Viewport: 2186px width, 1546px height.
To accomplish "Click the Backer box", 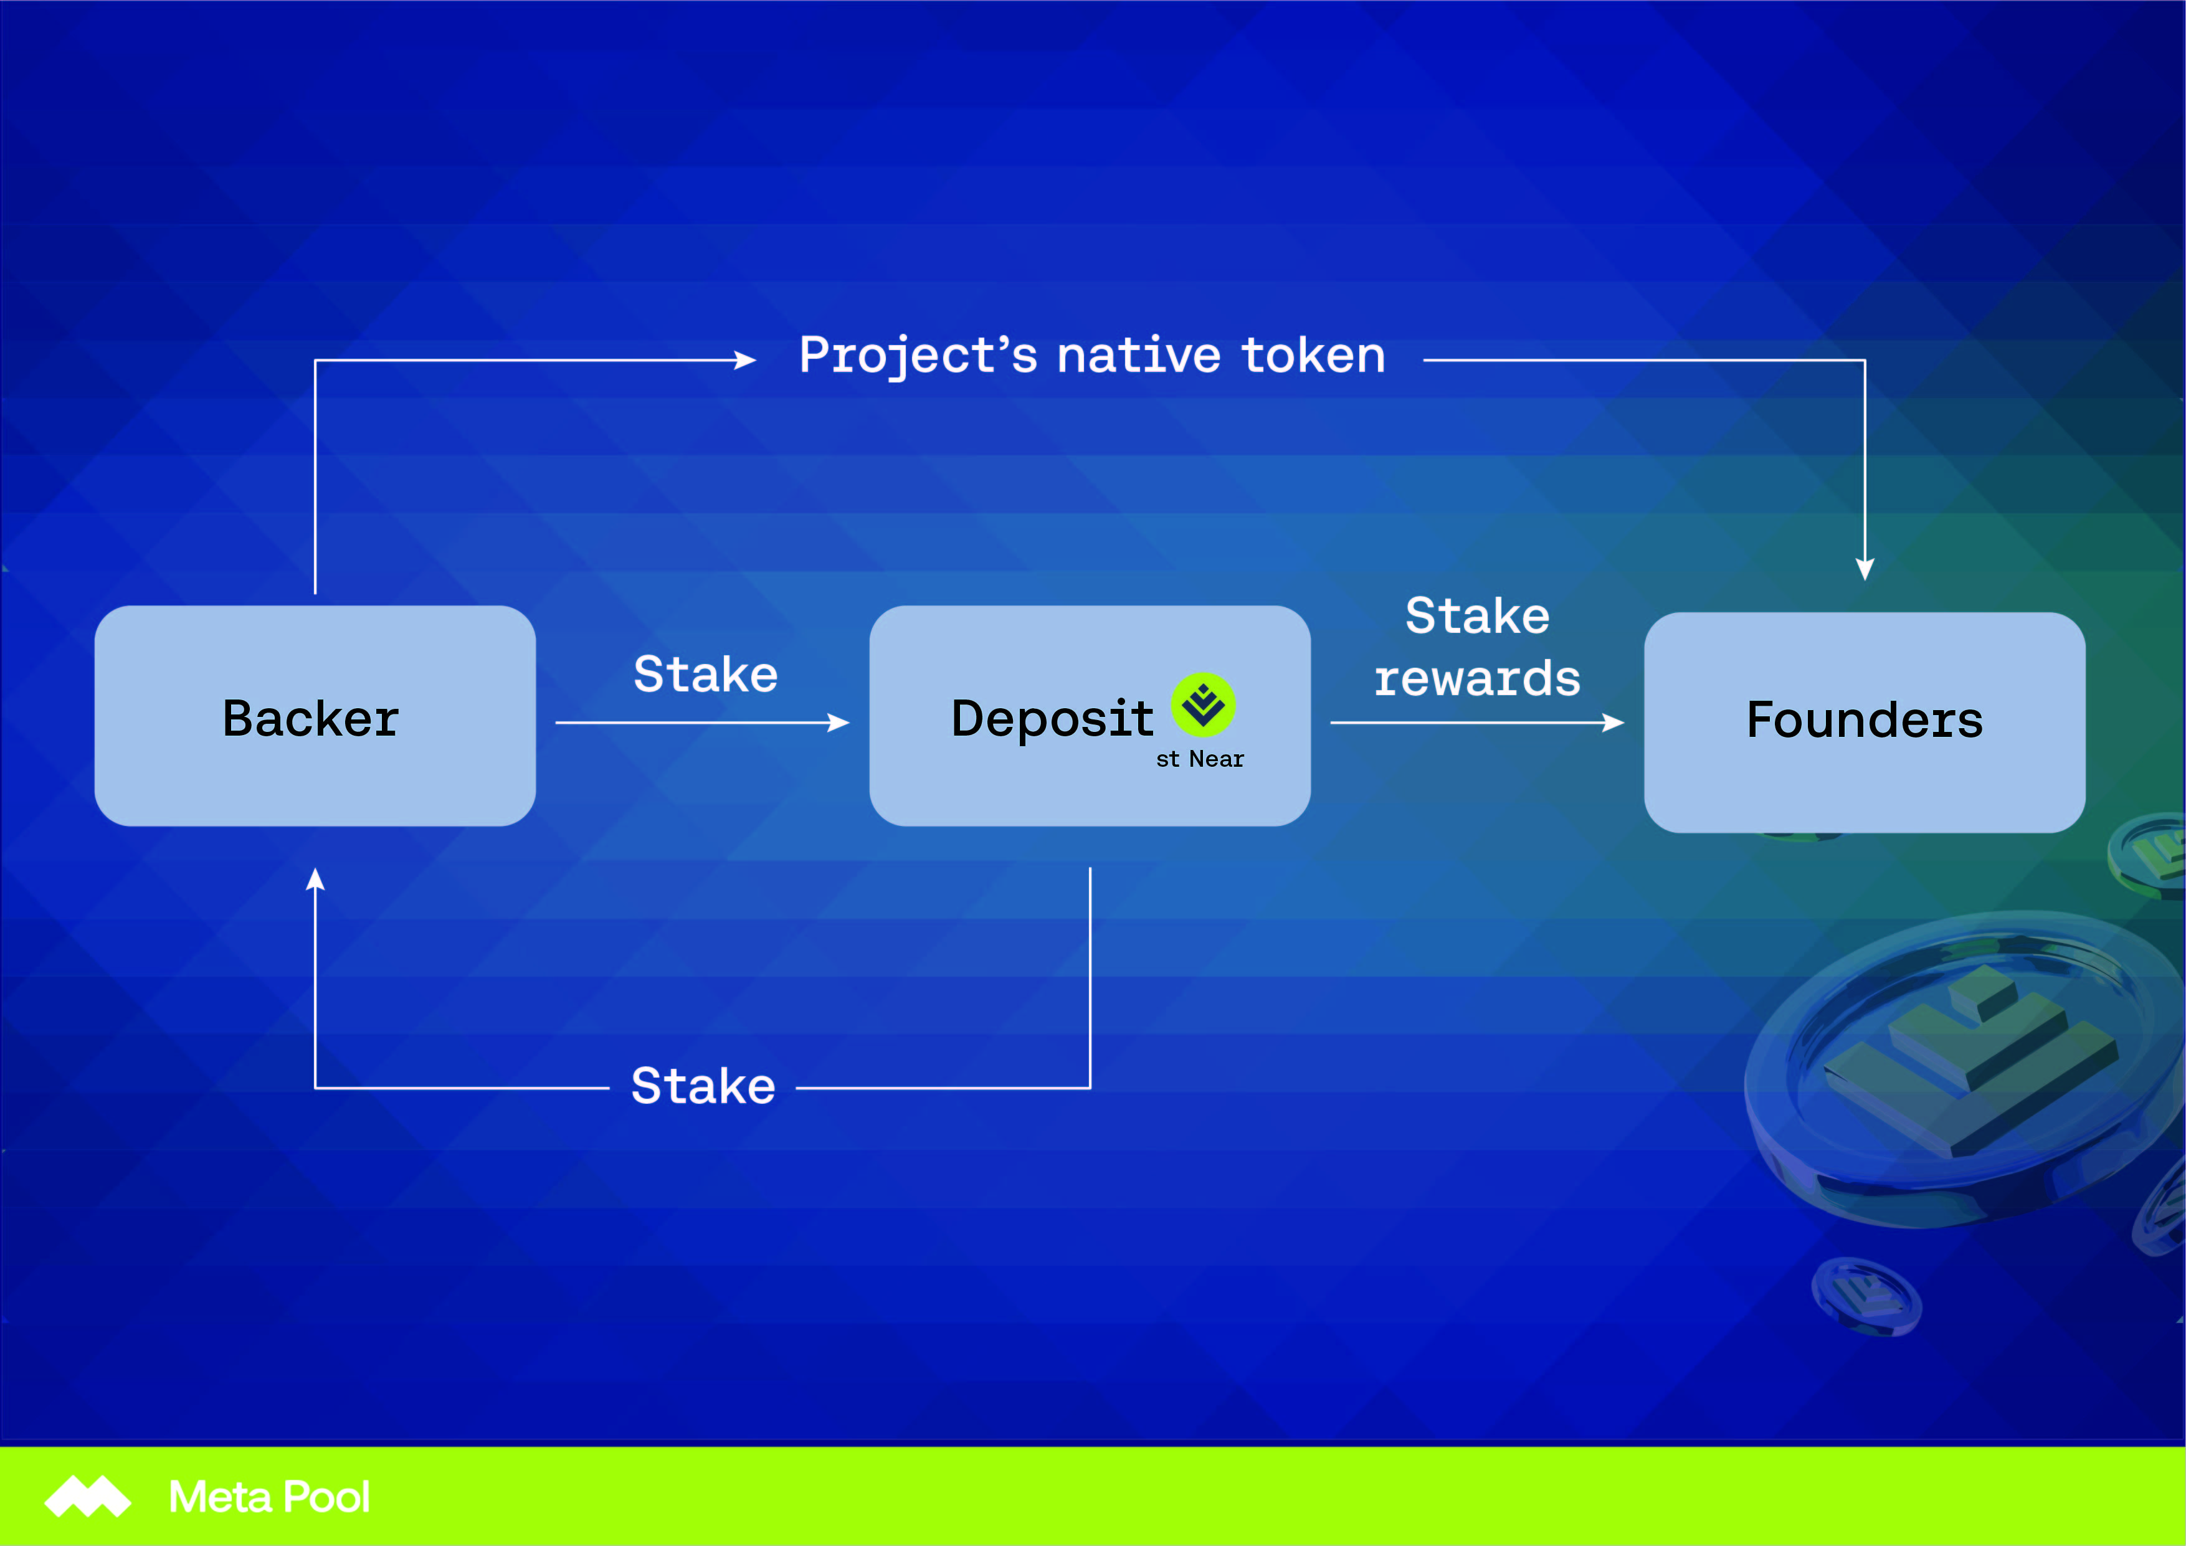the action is click(x=315, y=716).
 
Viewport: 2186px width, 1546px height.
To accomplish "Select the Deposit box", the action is click(x=1090, y=716).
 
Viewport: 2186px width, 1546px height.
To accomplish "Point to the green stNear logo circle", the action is click(x=1204, y=704).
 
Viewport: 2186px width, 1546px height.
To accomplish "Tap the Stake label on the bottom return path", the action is click(x=703, y=1086).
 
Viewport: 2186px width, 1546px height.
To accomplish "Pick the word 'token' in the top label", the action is click(x=1314, y=356).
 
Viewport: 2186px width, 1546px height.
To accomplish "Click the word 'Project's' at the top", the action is click(x=918, y=356).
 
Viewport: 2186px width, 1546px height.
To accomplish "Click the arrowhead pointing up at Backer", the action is click(x=315, y=879).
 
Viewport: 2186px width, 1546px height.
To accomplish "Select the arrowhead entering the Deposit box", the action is click(x=839, y=723).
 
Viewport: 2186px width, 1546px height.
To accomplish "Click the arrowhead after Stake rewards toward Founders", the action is click(x=1613, y=723).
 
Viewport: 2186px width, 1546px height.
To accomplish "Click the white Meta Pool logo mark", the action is click(x=88, y=1497).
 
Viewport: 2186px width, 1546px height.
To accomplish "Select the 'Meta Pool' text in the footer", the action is click(x=270, y=1497).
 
